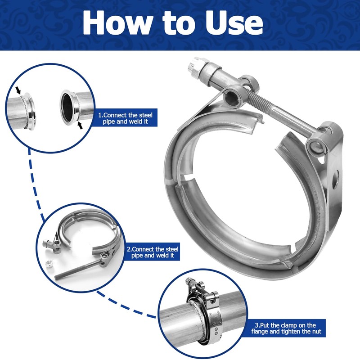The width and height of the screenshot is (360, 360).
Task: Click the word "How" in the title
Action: [117, 22]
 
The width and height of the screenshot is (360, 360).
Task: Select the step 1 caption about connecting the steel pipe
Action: [125, 118]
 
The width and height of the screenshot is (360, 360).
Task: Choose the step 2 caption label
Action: [152, 252]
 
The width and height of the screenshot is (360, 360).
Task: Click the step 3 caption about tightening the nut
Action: [286, 328]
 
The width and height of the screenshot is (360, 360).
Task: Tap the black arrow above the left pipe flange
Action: [18, 90]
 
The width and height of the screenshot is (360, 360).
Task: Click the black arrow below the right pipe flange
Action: [80, 125]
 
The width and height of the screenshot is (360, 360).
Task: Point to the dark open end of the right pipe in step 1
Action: [67, 107]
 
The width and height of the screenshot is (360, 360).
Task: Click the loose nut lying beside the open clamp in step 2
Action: [49, 264]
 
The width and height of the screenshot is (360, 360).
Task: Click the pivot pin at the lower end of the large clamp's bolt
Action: [317, 146]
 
